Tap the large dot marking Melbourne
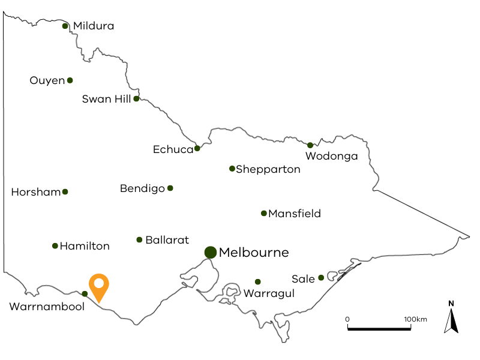coord(210,252)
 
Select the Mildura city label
coord(94,26)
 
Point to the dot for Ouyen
coord(70,80)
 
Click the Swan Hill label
coord(106,99)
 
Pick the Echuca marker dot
coord(197,148)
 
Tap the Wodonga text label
coord(331,157)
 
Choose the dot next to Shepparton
coord(232,169)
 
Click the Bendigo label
coord(142,188)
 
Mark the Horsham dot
coord(65,192)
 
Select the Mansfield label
coord(295,214)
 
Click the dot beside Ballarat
coord(139,240)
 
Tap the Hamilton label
coord(85,246)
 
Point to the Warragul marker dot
coord(258,281)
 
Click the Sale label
coord(303,279)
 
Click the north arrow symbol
coord(451,319)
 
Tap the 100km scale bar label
coord(415,319)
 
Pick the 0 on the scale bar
coord(347,319)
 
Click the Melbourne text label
coord(254,252)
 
